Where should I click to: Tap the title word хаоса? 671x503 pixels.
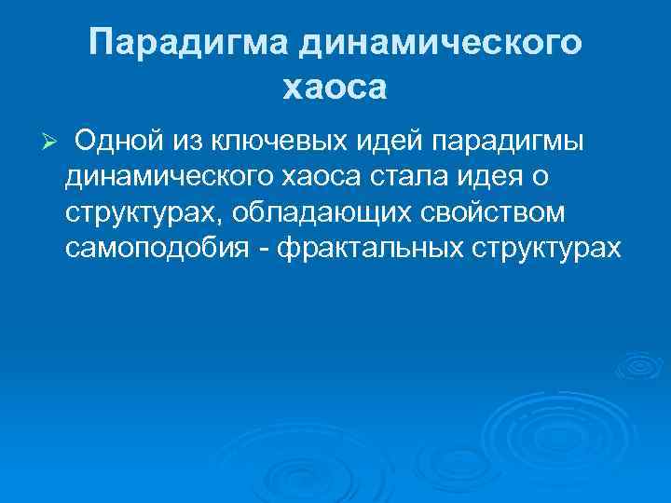[334, 88]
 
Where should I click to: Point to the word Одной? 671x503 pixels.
[115, 140]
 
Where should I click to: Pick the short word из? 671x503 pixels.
[185, 140]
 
